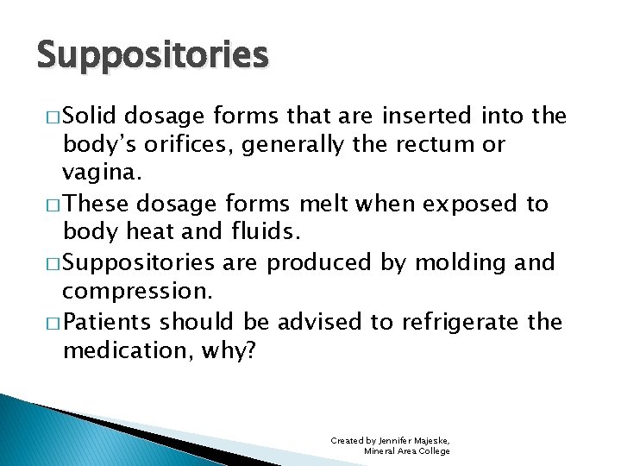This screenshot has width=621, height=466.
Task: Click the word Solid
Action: [x=91, y=116]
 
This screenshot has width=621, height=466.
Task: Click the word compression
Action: [x=127, y=293]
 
